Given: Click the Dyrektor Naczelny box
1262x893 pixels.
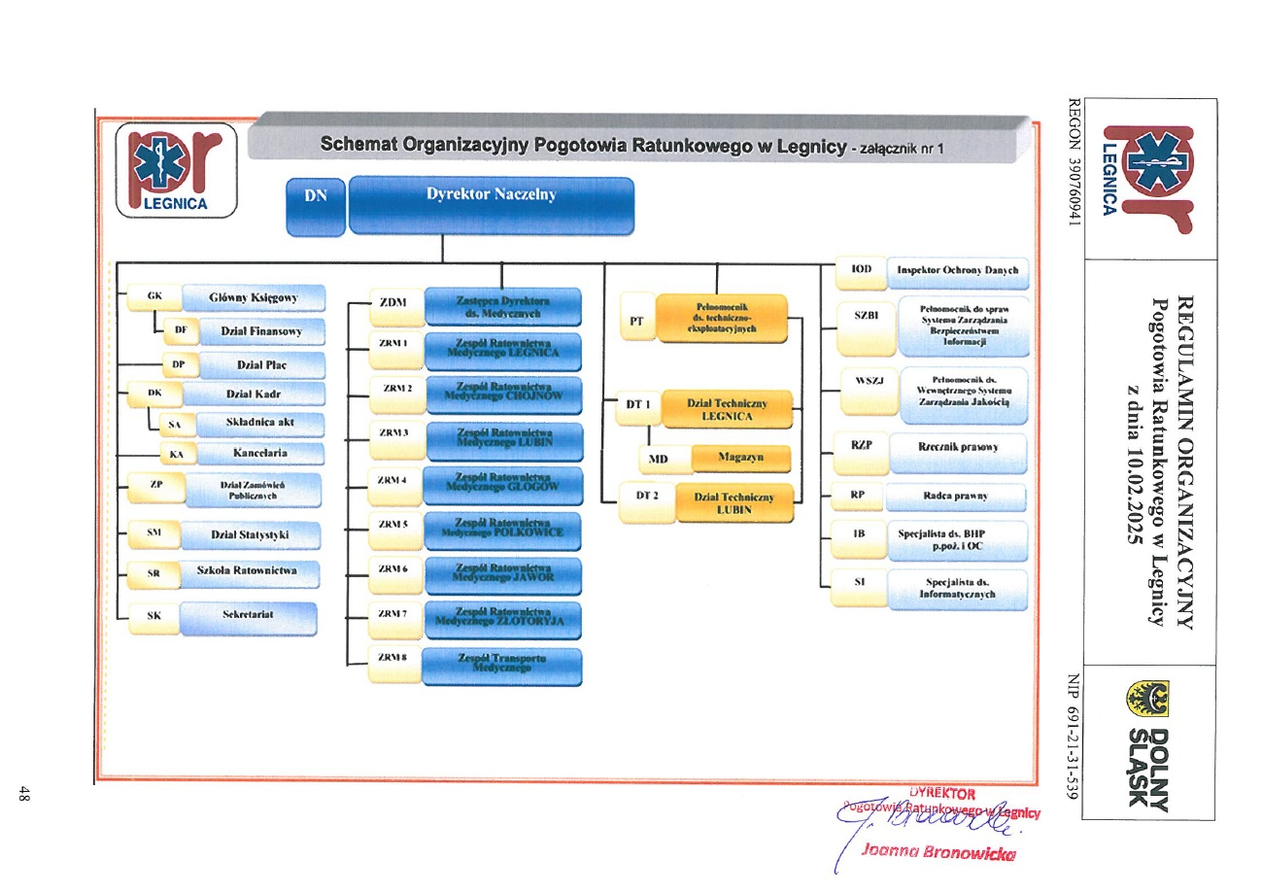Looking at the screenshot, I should tap(491, 204).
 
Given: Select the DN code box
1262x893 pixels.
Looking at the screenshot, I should tap(315, 206).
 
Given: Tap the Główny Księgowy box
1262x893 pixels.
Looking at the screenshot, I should tap(253, 297).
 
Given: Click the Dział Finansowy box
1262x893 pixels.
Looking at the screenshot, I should tap(261, 331).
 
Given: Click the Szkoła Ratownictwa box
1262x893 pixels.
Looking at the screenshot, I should tap(246, 571).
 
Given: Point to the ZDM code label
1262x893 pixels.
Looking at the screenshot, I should tap(392, 302).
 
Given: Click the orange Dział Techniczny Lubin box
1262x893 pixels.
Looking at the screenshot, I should tap(733, 502).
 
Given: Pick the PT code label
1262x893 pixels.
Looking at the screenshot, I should tap(636, 321).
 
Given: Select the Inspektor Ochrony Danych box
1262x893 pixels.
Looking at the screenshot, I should tap(957, 271).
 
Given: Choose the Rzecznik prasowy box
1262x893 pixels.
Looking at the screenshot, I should tap(957, 447).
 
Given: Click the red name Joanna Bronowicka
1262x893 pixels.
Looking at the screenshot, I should tap(938, 854).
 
